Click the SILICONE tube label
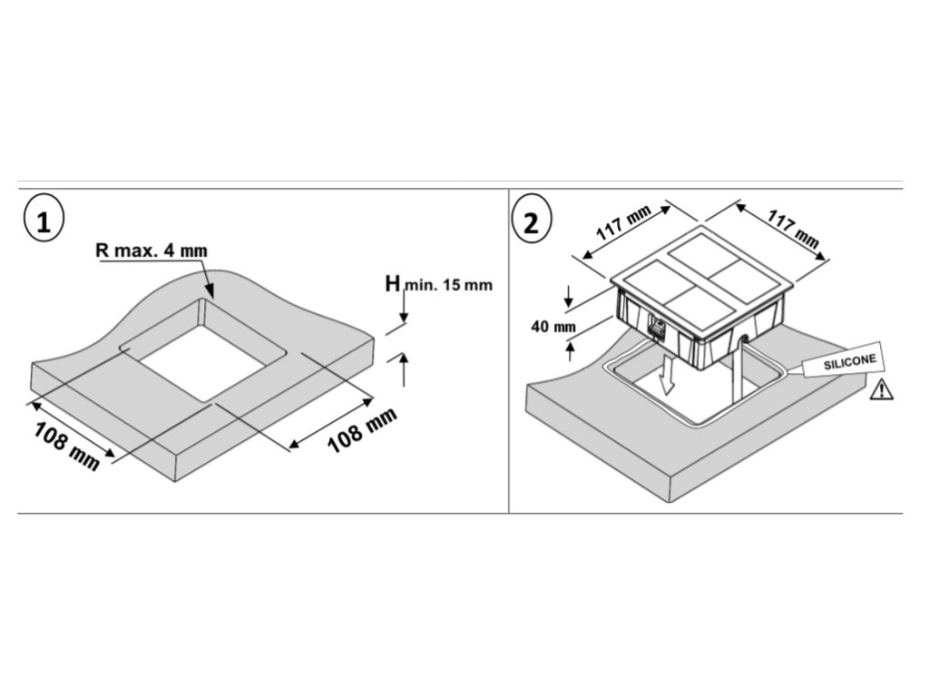pyautogui.click(x=849, y=363)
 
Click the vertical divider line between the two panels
pyautogui.click(x=508, y=350)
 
